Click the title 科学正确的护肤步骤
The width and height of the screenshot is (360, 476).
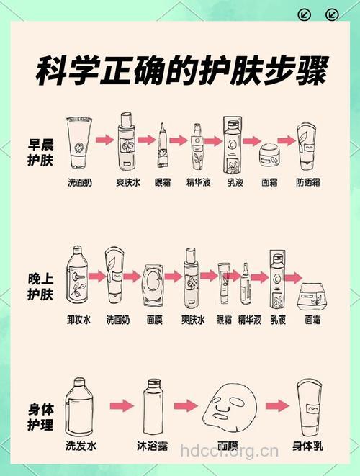(181, 72)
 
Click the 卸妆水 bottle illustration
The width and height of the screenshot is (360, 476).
(77, 278)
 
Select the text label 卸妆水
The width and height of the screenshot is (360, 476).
(77, 319)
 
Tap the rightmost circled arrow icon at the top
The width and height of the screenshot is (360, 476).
(332, 14)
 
